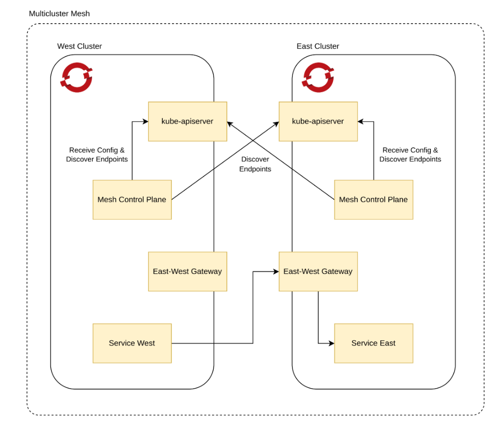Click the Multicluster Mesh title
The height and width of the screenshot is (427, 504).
click(x=59, y=14)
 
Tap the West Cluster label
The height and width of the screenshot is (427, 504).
click(x=79, y=46)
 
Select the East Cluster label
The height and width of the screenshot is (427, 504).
click(x=318, y=46)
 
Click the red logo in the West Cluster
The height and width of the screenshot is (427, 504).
click(x=77, y=77)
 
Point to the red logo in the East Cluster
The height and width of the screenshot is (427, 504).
click(x=318, y=77)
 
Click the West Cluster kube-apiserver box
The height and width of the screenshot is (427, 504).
click(x=187, y=121)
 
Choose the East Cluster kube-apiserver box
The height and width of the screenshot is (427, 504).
click(x=318, y=121)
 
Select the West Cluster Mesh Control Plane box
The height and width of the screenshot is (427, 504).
click(x=132, y=200)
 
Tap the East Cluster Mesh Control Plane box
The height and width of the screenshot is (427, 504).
click(x=374, y=200)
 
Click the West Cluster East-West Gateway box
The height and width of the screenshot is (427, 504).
click(x=187, y=271)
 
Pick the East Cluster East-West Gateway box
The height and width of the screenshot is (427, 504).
click(x=318, y=271)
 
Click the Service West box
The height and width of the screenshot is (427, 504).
click(x=132, y=343)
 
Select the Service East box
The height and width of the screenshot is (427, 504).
click(x=374, y=343)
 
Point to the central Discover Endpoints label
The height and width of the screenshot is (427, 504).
click(x=255, y=164)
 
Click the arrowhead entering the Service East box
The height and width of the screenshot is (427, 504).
click(x=331, y=343)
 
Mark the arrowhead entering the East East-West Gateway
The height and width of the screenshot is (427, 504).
click(x=276, y=272)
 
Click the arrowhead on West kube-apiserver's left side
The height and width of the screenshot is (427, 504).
click(x=145, y=121)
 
